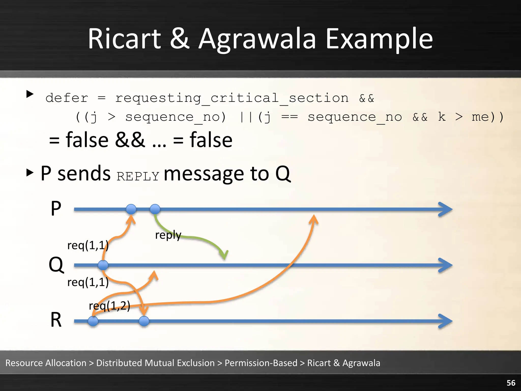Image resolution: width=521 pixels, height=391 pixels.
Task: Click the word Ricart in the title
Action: pyautogui.click(x=124, y=39)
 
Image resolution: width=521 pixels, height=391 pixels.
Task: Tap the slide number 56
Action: pyautogui.click(x=511, y=383)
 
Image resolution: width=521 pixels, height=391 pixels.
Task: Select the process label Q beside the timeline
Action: pyautogui.click(x=56, y=265)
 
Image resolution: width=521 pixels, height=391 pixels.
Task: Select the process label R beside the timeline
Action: pyautogui.click(x=56, y=320)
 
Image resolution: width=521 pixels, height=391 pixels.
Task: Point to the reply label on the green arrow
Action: pyautogui.click(x=168, y=235)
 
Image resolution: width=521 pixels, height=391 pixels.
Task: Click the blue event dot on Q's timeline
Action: pyautogui.click(x=103, y=265)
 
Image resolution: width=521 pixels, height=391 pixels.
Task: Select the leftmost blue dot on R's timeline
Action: pyautogui.click(x=93, y=321)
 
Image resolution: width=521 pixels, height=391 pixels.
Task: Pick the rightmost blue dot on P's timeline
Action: pyautogui.click(x=155, y=209)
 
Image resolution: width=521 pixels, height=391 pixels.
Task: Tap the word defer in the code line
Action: pyautogui.click(x=67, y=98)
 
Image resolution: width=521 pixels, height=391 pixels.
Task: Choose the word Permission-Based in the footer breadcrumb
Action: pyautogui.click(x=261, y=363)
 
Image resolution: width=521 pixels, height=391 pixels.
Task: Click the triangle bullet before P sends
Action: pyautogui.click(x=30, y=173)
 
